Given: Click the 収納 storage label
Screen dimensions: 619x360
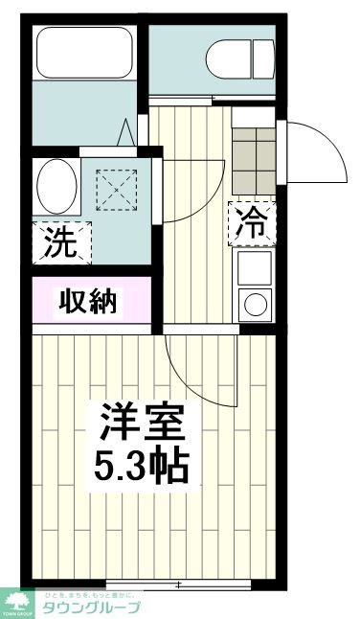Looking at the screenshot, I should click(x=90, y=303).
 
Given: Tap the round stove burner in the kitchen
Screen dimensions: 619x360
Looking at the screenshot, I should click(x=255, y=306).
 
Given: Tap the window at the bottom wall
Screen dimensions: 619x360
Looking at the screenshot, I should click(x=178, y=583).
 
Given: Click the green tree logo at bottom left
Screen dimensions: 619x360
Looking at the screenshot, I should click(x=17, y=601).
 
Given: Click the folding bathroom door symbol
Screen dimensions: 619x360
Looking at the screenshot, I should click(x=127, y=132).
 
